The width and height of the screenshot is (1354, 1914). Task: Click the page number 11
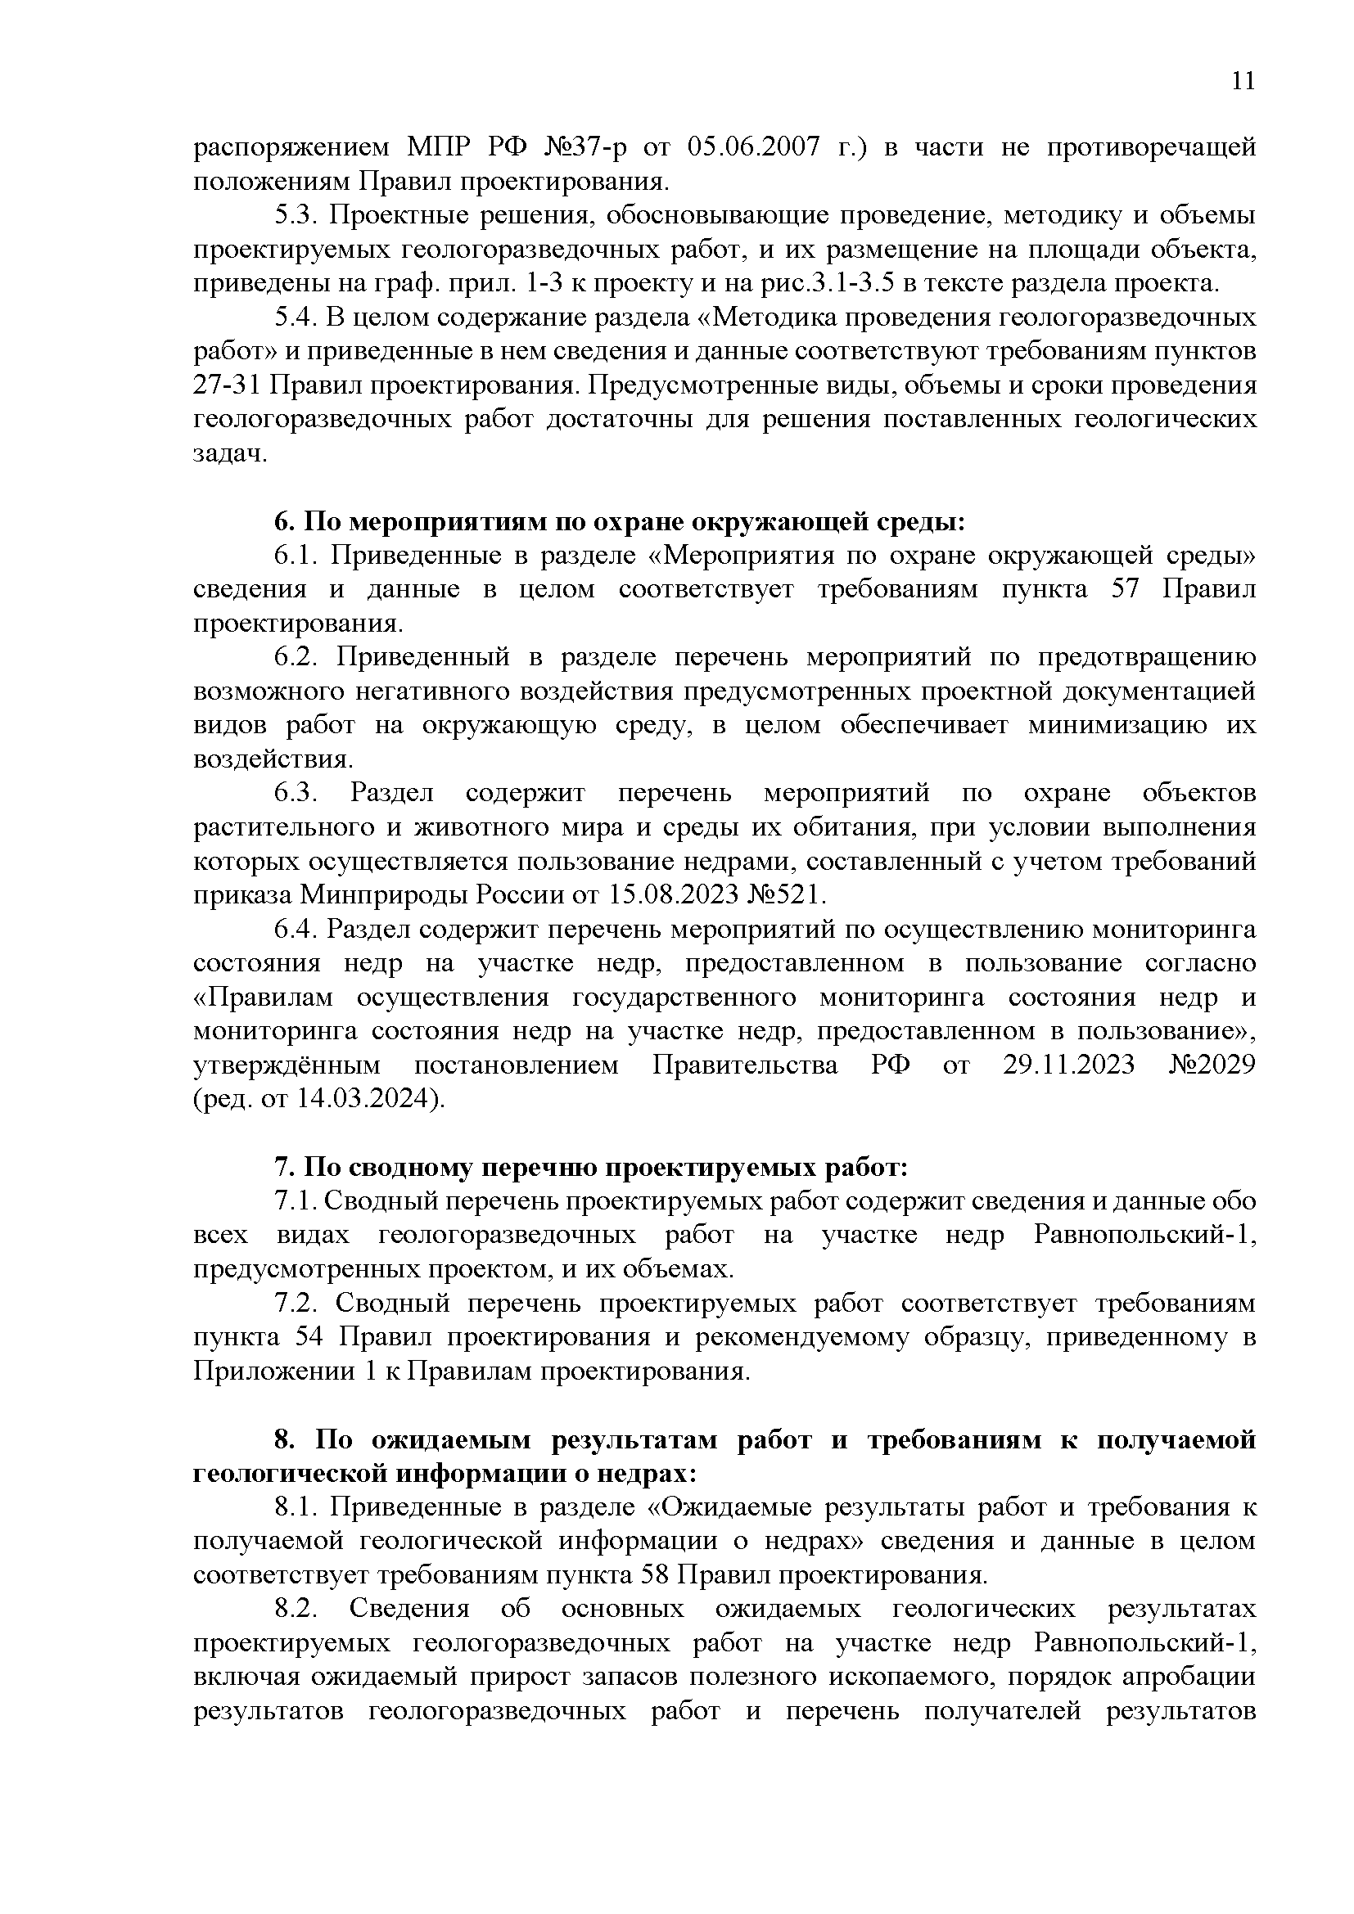click(x=1243, y=81)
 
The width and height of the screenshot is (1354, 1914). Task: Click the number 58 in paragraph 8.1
click(x=657, y=1575)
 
